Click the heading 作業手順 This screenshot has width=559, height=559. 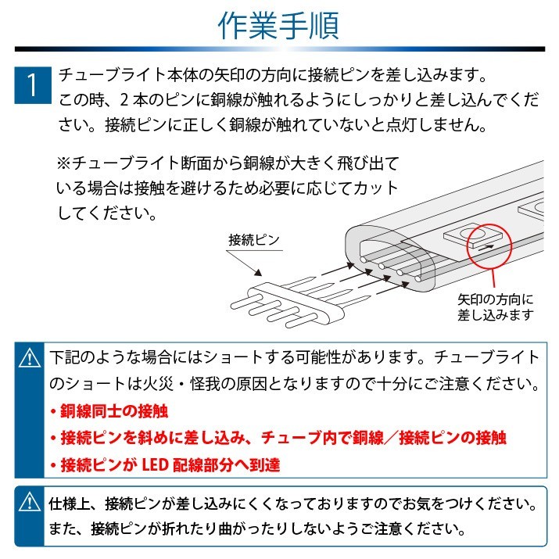278,26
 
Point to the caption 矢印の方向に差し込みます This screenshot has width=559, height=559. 496,307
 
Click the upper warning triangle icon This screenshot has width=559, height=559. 29,358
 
